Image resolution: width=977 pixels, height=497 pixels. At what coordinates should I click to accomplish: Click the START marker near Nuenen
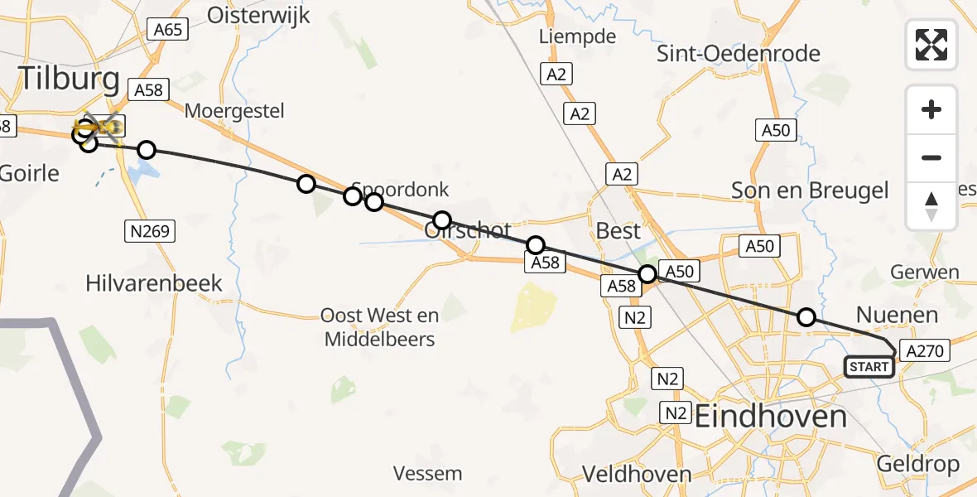[869, 367]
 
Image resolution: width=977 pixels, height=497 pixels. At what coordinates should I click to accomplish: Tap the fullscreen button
[931, 45]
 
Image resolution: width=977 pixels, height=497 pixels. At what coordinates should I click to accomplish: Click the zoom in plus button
[931, 109]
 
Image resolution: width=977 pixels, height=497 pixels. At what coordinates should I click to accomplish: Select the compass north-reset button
[931, 206]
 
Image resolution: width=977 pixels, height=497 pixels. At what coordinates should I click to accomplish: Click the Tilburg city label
[69, 79]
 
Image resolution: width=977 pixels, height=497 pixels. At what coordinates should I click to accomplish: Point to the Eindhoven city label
[770, 416]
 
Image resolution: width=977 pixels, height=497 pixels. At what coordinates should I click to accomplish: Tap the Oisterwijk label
[258, 15]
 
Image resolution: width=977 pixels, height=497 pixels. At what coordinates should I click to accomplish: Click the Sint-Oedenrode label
[739, 54]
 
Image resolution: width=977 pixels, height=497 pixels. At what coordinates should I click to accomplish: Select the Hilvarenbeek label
[154, 283]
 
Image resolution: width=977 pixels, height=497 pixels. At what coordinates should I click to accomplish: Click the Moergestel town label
[234, 111]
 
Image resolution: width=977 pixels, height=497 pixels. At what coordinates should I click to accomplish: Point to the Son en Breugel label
[810, 191]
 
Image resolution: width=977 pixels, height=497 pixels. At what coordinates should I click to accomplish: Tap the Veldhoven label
[637, 475]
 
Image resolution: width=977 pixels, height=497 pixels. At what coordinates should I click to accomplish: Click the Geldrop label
[919, 464]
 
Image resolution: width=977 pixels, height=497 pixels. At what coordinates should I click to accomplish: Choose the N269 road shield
[152, 231]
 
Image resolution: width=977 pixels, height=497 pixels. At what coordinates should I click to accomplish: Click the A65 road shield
[168, 30]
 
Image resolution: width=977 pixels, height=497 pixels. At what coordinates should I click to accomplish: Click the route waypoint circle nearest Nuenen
[806, 316]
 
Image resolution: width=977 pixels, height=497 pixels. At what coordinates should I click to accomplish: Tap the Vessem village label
[427, 474]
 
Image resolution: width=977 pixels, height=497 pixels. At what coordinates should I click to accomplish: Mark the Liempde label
[577, 36]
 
